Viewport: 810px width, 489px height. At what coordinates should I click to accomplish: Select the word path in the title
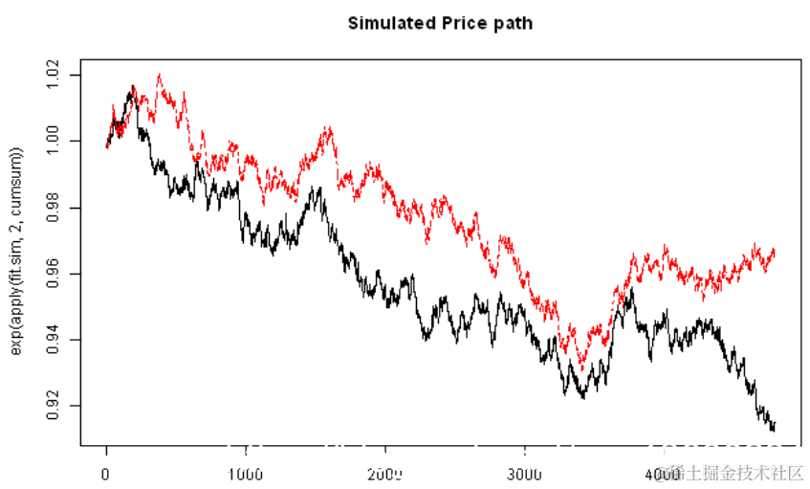pos(512,22)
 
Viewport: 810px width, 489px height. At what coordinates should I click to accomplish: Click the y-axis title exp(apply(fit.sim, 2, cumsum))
pos(16,252)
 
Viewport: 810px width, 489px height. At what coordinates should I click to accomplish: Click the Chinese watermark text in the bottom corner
pos(736,474)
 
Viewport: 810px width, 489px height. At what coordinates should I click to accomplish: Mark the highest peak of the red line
pos(159,75)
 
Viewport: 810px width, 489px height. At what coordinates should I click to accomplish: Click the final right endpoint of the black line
pos(775,427)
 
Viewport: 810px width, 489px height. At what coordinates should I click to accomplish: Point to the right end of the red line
pos(774,251)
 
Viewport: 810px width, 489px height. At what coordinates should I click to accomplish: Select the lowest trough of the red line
pos(580,367)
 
